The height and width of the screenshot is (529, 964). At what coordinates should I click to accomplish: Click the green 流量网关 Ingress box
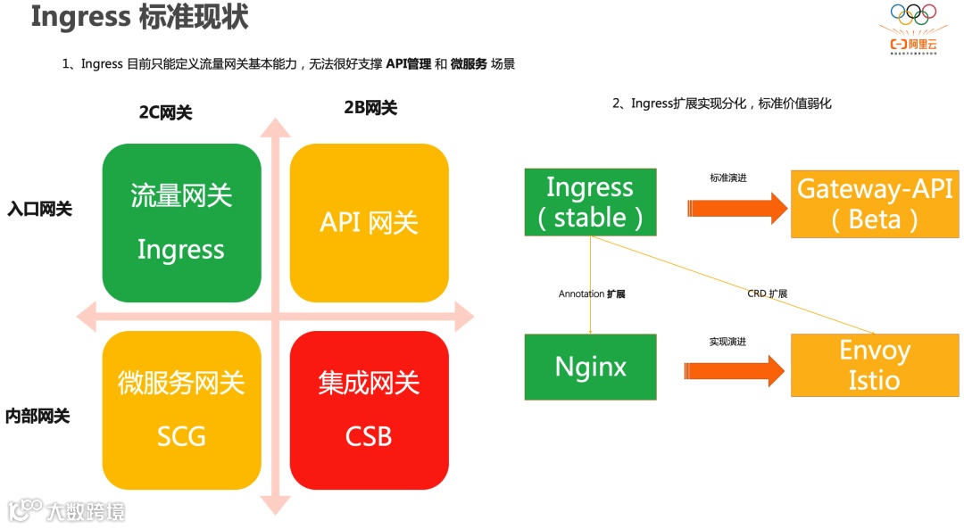(182, 222)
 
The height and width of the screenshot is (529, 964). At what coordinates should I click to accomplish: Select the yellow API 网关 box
(370, 222)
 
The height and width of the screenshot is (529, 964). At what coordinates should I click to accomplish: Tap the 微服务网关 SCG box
(182, 410)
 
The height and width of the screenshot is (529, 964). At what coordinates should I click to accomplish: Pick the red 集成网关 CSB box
(370, 410)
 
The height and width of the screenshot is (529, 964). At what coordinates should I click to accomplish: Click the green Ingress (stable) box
(590, 202)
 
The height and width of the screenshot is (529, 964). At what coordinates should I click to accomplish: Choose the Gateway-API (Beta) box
(875, 204)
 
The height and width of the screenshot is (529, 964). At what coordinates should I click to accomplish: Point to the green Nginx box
(590, 366)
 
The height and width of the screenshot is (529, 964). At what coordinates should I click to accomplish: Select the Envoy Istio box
(875, 365)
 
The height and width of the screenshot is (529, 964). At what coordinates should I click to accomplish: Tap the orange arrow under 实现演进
(737, 371)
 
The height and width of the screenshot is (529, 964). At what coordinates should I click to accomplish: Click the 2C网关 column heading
(165, 112)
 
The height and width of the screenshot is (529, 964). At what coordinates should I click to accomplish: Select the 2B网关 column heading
(370, 108)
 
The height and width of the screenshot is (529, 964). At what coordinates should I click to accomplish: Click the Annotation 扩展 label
(592, 293)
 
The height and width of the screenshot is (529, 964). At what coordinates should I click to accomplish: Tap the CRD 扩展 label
(767, 293)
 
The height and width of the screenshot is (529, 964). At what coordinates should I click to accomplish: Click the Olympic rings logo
(913, 15)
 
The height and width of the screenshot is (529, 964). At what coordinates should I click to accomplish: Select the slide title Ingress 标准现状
(140, 17)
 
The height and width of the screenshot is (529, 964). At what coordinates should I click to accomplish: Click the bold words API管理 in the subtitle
(409, 64)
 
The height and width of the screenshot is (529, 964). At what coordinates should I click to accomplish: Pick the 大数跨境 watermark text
(86, 511)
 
